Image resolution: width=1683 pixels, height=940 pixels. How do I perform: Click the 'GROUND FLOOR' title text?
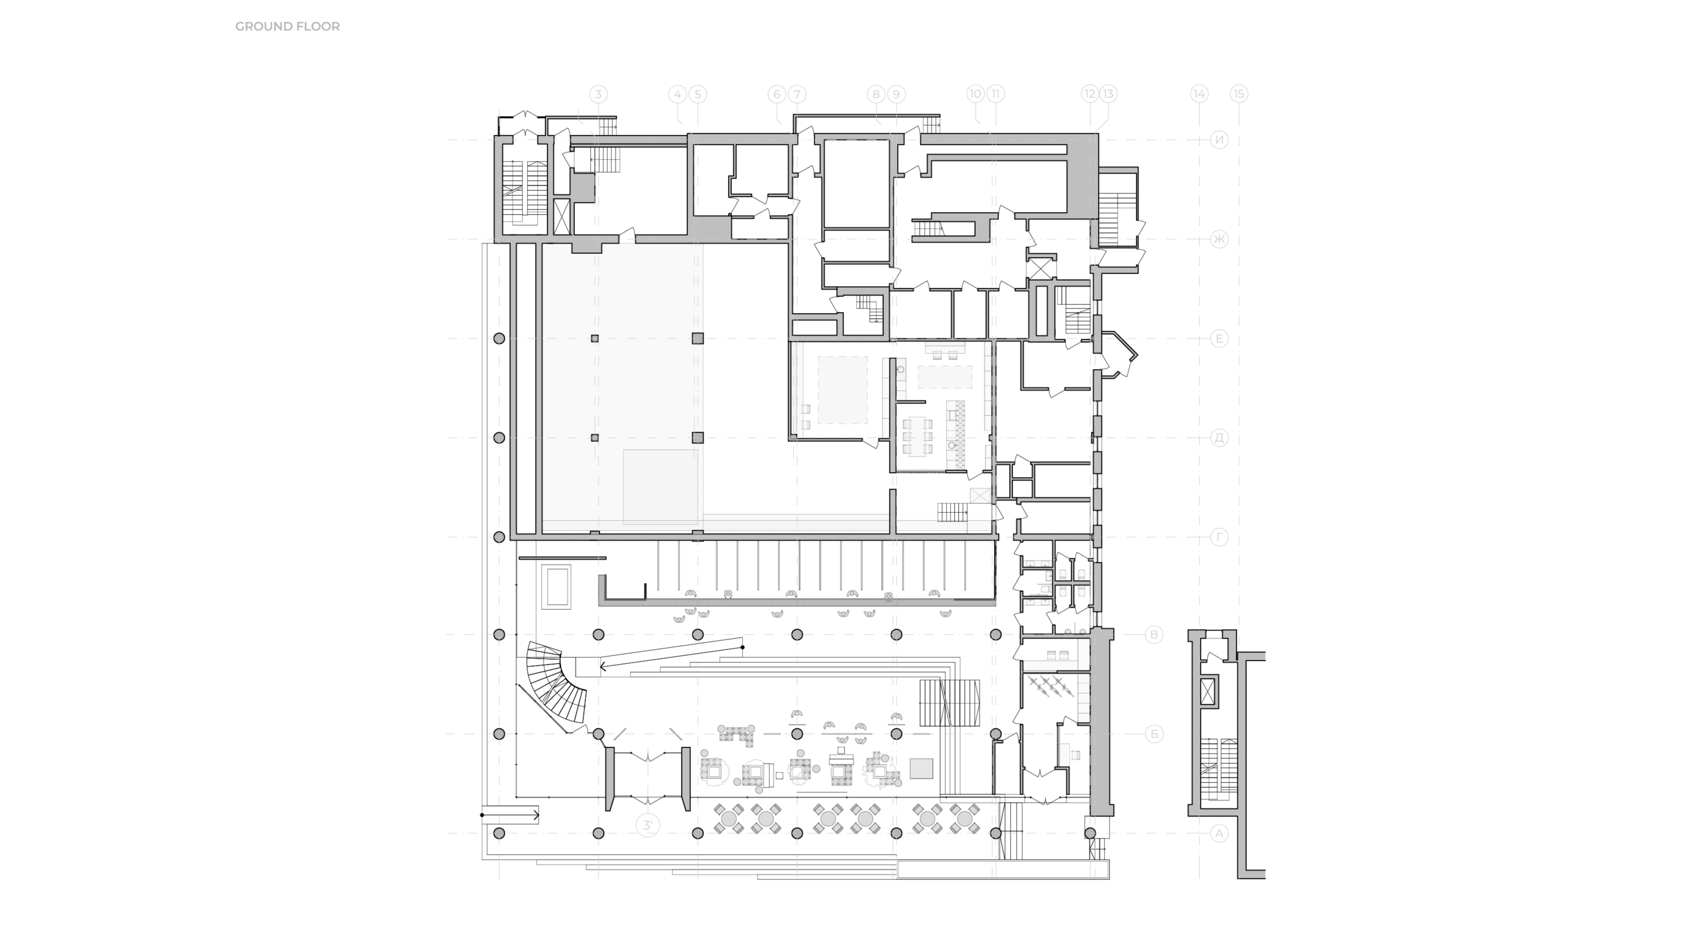pos(287,27)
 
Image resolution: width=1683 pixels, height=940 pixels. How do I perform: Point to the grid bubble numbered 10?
pos(975,94)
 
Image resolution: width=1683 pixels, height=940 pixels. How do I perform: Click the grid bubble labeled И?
pos(1219,140)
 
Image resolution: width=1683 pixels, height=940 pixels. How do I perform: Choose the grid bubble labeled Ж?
pos(1219,239)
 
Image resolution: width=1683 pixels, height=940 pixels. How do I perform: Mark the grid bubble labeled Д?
pos(1219,438)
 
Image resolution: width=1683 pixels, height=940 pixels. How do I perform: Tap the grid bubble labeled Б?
pos(1154,734)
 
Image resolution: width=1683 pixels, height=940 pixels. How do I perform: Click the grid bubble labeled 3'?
pos(648,825)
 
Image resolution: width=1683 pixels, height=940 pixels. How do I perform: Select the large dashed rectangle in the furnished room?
pos(842,389)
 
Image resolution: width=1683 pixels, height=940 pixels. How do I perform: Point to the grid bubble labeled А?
pos(1219,833)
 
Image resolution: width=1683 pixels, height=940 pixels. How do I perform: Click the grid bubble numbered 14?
pos(1199,94)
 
